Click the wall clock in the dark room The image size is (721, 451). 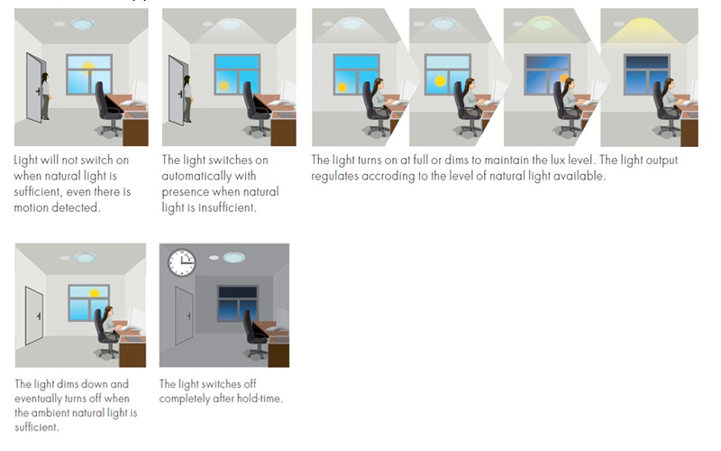pos(182,262)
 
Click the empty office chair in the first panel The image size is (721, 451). pos(109,108)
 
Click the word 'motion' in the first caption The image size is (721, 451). pos(32,208)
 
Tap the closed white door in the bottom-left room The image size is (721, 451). pos(34,316)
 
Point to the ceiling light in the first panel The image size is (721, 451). pos(83,24)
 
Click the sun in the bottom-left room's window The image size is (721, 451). pos(95,293)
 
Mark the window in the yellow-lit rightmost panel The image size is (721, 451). pos(646,75)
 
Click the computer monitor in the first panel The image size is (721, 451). pos(141,92)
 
